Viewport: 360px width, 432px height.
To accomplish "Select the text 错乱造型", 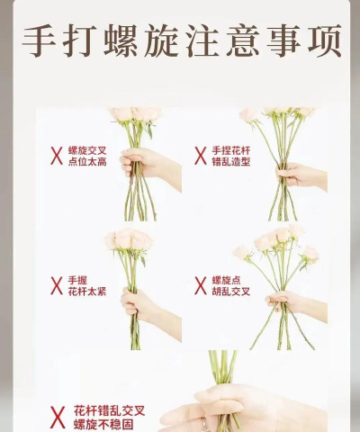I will pos(230,162).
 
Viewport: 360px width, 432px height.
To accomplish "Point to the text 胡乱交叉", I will pos(231,292).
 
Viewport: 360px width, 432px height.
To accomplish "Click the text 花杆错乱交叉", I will pos(109,409).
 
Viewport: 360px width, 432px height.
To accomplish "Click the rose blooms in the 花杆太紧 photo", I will pos(127,239).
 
